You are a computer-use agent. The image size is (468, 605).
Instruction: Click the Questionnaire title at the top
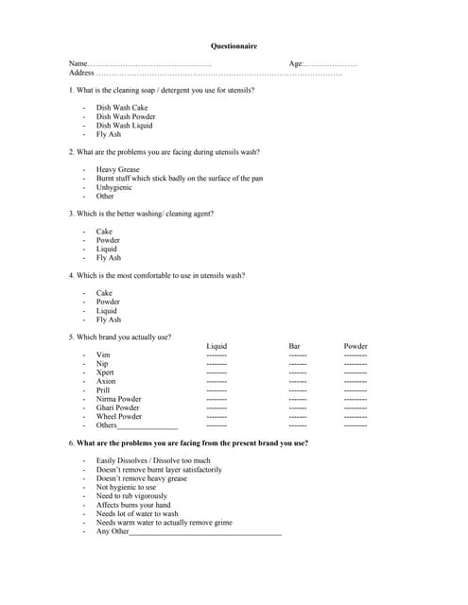[233, 45]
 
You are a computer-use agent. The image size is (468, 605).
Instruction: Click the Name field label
[78, 63]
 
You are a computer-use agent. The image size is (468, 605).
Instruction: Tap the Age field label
[296, 63]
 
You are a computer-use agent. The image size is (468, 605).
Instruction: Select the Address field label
[81, 72]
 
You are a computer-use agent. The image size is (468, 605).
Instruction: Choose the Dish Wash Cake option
[122, 108]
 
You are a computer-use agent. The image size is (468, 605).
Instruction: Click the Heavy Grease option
[117, 170]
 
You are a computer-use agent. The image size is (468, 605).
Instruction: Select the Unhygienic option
[113, 187]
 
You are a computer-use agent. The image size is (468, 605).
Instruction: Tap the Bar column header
[294, 346]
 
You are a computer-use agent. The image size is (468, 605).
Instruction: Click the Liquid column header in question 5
[217, 346]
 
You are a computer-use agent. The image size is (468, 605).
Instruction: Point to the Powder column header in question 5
[355, 346]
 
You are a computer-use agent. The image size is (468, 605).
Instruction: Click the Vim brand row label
[103, 355]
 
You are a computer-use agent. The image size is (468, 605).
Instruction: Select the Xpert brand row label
[105, 372]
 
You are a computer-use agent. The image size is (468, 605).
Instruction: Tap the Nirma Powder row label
[118, 399]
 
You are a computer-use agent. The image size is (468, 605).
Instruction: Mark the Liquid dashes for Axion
[217, 382]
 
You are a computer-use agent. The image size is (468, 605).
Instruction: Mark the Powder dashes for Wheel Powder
[355, 417]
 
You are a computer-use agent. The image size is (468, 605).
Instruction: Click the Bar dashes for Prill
[298, 390]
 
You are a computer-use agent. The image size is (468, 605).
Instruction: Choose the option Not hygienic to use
[126, 487]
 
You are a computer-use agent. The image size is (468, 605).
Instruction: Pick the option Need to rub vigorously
[131, 495]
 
